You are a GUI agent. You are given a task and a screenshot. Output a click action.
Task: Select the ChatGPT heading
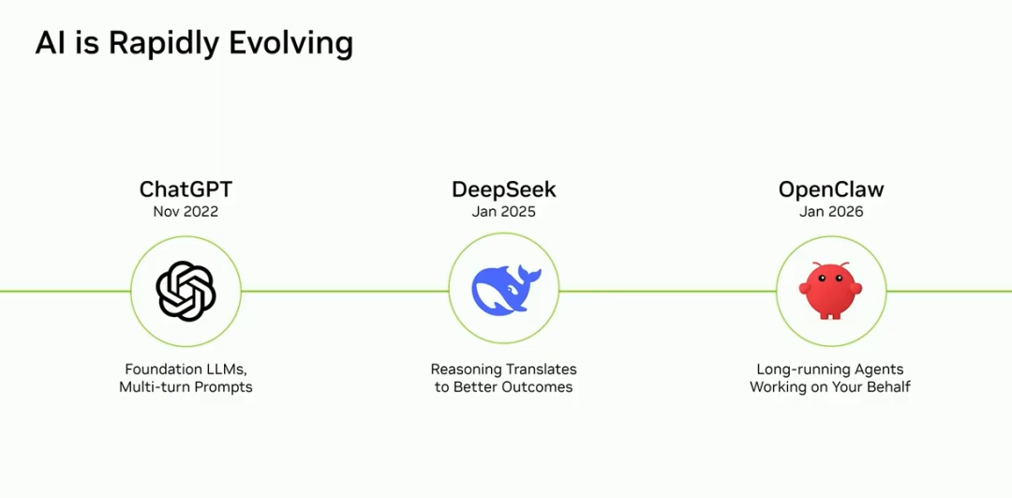(x=186, y=189)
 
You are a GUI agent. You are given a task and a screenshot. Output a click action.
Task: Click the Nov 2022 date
(x=186, y=212)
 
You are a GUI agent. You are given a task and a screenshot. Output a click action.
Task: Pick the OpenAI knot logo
(x=186, y=291)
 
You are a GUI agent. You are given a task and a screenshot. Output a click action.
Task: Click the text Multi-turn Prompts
(x=186, y=387)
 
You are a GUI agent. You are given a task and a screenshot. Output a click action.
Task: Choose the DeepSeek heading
(x=503, y=189)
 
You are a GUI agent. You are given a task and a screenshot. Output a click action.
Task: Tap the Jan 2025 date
(x=503, y=212)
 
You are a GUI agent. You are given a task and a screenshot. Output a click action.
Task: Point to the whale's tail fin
(x=528, y=274)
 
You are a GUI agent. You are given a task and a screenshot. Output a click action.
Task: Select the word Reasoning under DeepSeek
(x=466, y=370)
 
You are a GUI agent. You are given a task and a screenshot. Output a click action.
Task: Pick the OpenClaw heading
(x=830, y=189)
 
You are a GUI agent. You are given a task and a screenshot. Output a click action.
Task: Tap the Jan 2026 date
(x=830, y=212)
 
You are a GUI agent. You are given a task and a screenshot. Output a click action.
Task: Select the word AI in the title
(x=50, y=43)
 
